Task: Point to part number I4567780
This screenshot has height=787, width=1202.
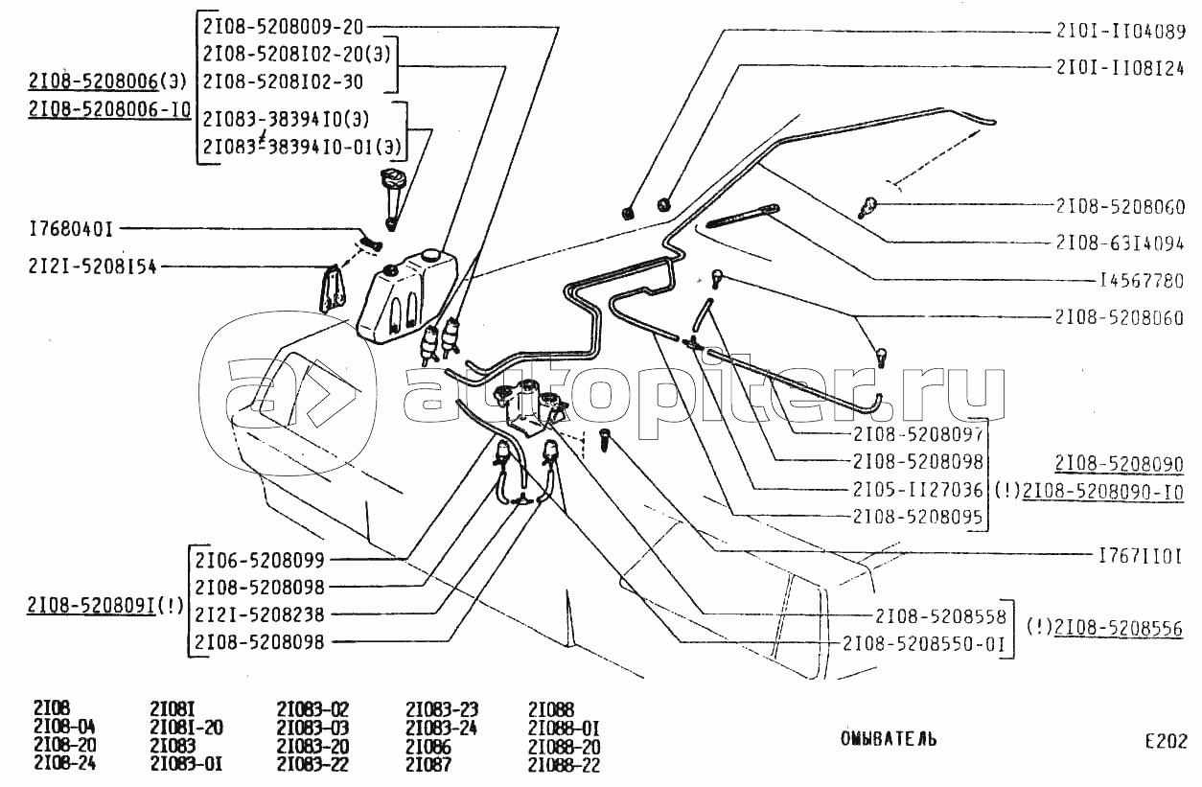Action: [1141, 282]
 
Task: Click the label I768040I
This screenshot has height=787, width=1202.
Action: [72, 229]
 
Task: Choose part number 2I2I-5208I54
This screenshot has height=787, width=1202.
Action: [93, 267]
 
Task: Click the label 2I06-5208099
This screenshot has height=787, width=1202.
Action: [260, 560]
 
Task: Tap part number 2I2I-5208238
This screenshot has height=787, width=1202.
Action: [260, 614]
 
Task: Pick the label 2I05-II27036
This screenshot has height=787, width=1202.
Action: [917, 489]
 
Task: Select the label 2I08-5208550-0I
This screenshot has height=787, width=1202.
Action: [923, 644]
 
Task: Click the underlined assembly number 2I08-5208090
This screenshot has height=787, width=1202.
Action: [1119, 464]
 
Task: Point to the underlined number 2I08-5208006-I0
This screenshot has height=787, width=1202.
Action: [109, 109]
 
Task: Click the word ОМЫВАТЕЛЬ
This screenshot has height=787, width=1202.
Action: [889, 738]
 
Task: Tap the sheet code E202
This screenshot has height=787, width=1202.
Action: [1166, 741]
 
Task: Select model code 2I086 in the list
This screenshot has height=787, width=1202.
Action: [428, 746]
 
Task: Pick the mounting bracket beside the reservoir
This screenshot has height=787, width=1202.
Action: [332, 289]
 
